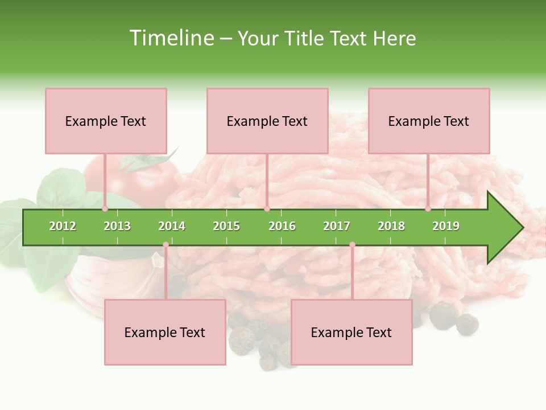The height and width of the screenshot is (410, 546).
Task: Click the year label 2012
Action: pos(63,226)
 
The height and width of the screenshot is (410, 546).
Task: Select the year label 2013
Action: pos(117,226)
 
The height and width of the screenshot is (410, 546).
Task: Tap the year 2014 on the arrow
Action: pos(172,226)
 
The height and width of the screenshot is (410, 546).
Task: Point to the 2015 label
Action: pos(226,226)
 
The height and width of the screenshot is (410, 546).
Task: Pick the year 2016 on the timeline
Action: pos(282,226)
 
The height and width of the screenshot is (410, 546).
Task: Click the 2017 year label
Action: pos(337,226)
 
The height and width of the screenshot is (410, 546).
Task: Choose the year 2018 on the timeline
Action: pos(391,226)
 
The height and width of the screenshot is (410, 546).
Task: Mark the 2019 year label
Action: pos(446,226)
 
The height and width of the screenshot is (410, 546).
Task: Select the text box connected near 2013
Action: pos(106,121)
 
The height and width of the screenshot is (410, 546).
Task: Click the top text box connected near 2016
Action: pos(267,121)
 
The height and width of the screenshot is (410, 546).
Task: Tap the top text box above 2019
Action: pos(429,121)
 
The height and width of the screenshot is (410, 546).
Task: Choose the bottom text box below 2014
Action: pos(165,332)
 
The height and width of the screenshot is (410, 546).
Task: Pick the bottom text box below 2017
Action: pos(351,332)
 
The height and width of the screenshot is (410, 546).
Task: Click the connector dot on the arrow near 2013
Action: pos(105,208)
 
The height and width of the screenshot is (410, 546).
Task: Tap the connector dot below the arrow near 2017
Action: pos(352,245)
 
